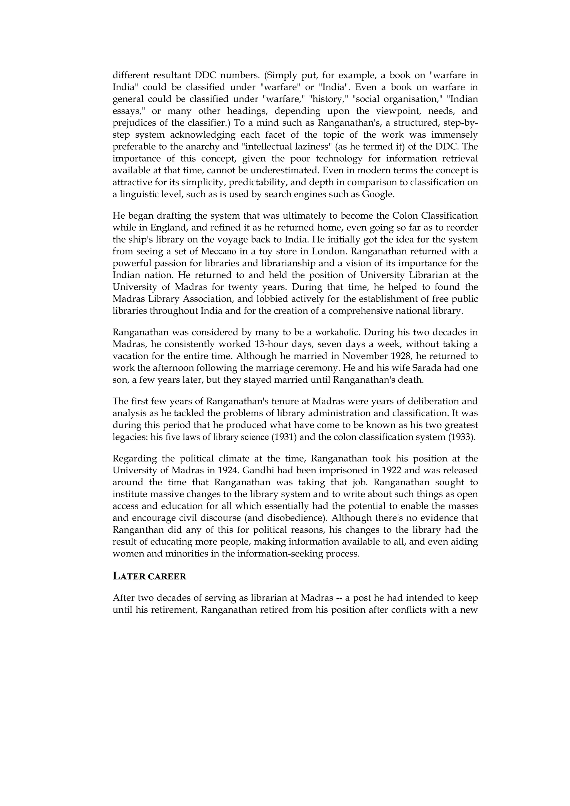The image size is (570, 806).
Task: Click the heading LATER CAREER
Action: click(x=149, y=577)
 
